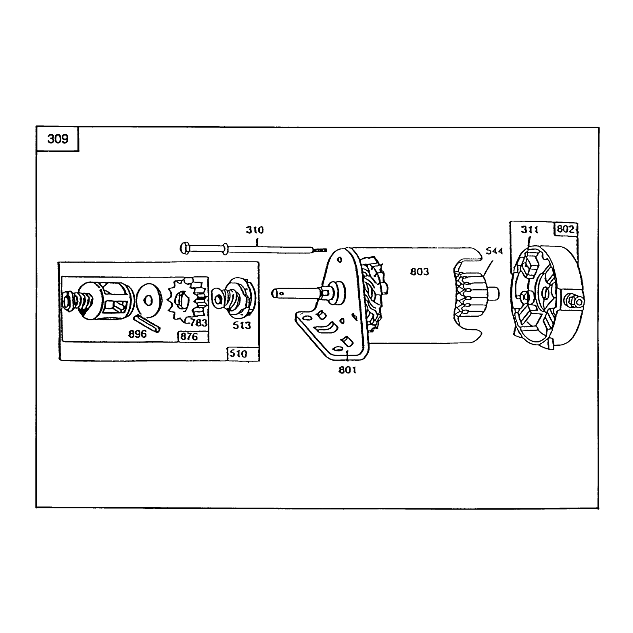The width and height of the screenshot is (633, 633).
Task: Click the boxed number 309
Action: pos(58,139)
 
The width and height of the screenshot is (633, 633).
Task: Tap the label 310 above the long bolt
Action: pos(255,230)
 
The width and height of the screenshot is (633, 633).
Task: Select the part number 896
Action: pos(137,334)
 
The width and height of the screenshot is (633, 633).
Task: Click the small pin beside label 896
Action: pos(148,323)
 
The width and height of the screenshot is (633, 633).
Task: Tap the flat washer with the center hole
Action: pos(149,301)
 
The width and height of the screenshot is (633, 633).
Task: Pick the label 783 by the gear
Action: pos(198,323)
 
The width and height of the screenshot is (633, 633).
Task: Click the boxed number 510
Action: pos(238,354)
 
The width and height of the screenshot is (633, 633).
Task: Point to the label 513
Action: pos(242,325)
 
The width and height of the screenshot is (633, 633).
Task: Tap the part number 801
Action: pos(347,370)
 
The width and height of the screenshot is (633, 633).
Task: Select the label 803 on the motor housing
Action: pos(420,272)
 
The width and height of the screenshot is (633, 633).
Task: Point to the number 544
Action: pos(494,251)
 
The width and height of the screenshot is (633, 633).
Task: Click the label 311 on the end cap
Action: pos(529,230)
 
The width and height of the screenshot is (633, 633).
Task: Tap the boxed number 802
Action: pos(566,229)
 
